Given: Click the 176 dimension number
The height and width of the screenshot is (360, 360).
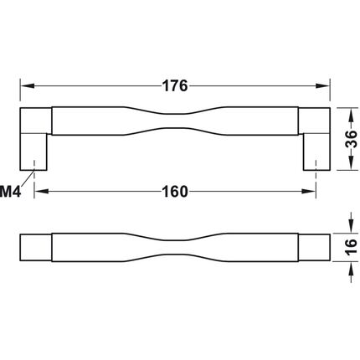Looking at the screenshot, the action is click(x=175, y=85).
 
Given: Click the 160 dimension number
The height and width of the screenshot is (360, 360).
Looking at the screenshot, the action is click(x=175, y=192).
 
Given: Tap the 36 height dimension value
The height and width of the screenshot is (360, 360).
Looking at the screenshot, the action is click(x=351, y=139).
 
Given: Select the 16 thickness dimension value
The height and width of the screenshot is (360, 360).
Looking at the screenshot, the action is click(x=351, y=246).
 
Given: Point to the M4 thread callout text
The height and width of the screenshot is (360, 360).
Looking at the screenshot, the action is click(x=10, y=192).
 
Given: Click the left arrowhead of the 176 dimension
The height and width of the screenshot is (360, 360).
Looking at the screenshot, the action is click(x=28, y=85).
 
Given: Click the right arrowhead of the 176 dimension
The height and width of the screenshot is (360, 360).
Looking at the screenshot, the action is click(x=323, y=85).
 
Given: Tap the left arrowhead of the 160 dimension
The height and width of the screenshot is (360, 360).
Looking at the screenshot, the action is click(x=41, y=192).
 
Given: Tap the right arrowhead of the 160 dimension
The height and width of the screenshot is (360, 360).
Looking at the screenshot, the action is click(x=309, y=192).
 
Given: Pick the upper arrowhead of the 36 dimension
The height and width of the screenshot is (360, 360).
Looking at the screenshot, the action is click(x=351, y=115).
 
